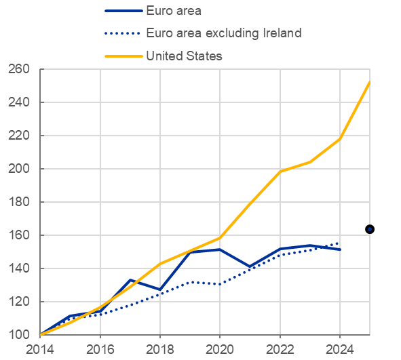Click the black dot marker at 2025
pos(370,229)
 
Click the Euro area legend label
pos(174,11)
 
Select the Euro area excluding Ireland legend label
pos(224,33)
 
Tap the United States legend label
pos(184,56)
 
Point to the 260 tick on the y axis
pos(19,69)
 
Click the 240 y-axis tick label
pos(19,102)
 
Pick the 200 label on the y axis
pos(19,169)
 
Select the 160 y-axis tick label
pos(19,235)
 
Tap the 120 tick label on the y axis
pos(19,302)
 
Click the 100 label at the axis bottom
pos(19,335)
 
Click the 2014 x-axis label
pos(40,350)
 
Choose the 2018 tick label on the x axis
pos(160,350)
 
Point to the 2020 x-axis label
pos(220,350)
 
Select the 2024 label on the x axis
pos(340,350)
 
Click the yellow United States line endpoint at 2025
pos(369,82)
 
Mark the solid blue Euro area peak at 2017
pos(130,280)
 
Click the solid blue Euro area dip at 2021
pos(250,266)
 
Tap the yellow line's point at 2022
pos(280,172)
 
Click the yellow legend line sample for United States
pos(123,56)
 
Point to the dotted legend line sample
pos(122,33)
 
